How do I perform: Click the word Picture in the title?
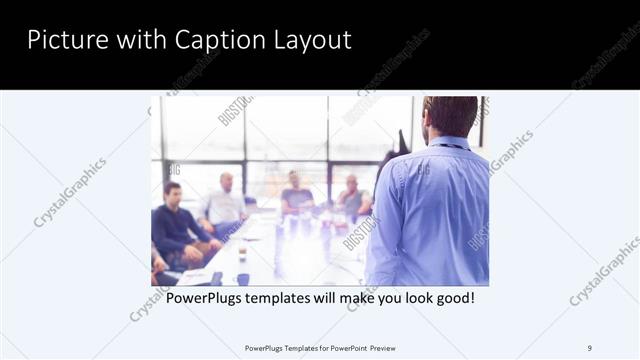[61, 40]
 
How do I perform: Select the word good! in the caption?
[453, 298]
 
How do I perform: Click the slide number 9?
[589, 347]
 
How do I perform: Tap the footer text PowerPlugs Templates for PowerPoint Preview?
[319, 347]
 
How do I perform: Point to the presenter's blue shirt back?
[430, 210]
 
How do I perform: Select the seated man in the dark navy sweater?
[177, 222]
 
